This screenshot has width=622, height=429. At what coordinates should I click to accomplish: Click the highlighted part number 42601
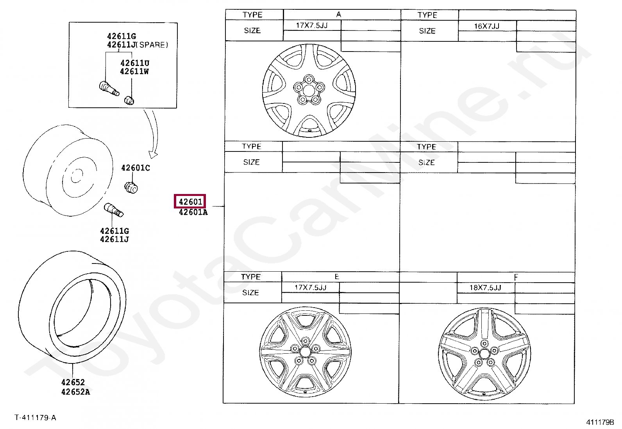[190, 201]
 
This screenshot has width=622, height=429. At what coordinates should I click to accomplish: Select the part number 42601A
[193, 212]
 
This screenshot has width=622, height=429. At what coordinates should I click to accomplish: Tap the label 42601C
[136, 168]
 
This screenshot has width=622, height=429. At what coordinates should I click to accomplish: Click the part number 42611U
[135, 63]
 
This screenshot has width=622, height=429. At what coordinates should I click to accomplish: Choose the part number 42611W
[134, 71]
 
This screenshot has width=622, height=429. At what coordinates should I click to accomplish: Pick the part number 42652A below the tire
[75, 392]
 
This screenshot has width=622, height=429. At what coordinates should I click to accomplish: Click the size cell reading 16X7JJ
[487, 26]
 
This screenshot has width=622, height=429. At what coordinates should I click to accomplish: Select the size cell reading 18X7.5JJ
[485, 287]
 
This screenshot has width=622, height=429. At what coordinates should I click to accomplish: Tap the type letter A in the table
[338, 14]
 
